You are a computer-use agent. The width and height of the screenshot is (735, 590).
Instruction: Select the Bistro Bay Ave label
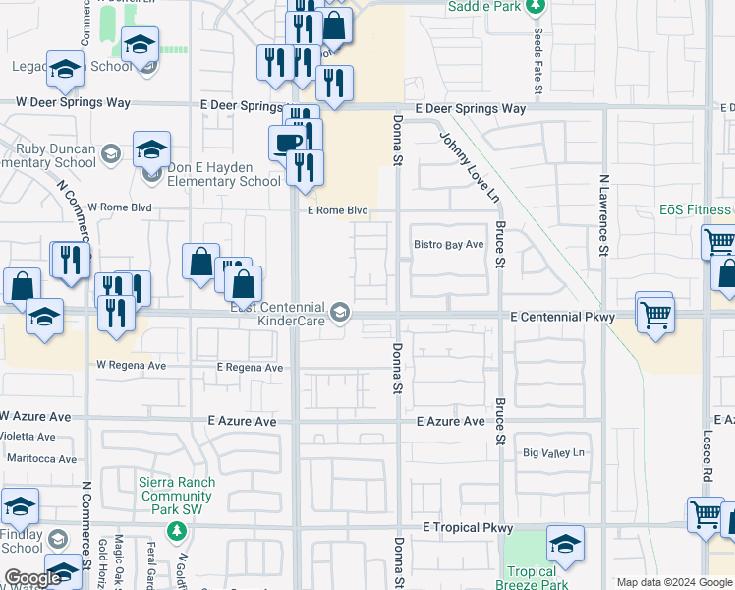[x=449, y=244]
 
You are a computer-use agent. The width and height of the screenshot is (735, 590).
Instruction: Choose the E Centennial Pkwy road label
[x=562, y=317]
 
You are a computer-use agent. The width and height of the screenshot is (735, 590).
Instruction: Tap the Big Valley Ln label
[x=553, y=453]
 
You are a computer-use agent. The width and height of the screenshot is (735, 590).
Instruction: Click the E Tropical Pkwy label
[x=468, y=528]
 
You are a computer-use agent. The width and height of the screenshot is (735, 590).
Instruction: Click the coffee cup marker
[x=287, y=143]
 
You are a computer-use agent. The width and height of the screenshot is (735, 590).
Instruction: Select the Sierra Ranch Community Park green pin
[x=176, y=532]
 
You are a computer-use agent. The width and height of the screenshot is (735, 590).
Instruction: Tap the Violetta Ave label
[x=28, y=436]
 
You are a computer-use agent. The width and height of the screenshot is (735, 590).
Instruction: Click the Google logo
[x=32, y=578]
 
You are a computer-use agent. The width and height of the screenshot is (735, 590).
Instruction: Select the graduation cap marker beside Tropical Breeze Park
[x=565, y=542]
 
